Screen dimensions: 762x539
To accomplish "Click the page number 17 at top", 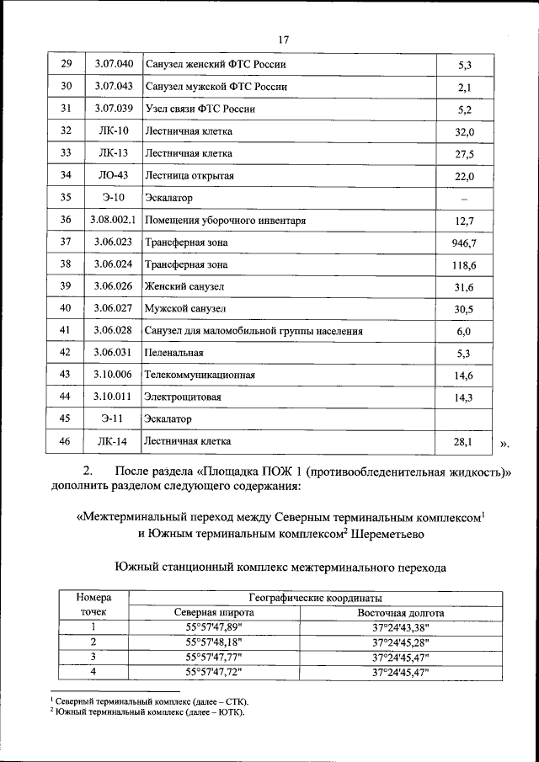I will [x=283, y=39].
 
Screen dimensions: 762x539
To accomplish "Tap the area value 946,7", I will [x=464, y=243].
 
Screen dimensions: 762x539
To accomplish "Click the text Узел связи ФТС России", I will [x=200, y=109].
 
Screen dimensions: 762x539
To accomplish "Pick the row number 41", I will [x=66, y=331].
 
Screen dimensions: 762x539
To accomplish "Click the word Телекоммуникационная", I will [x=200, y=375].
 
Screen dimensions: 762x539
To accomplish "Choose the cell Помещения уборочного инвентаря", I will [x=225, y=221].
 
